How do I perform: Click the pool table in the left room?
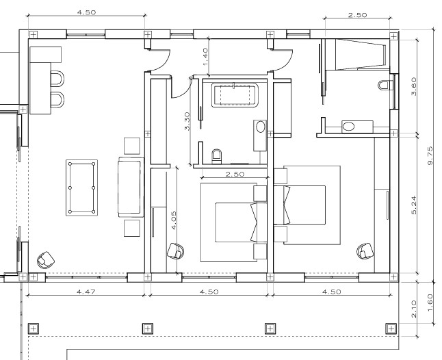(81, 188)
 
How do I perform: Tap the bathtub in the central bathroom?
(235, 95)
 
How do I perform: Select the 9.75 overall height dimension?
(430, 155)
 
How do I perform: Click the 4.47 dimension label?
(86, 291)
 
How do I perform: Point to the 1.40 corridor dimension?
(205, 57)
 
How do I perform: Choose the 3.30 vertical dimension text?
(187, 121)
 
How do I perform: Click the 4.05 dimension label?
(173, 220)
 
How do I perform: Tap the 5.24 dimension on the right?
(413, 205)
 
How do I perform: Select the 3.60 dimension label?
(413, 86)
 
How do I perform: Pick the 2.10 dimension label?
(413, 309)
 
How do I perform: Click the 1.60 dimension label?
(430, 303)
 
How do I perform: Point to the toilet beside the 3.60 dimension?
(385, 85)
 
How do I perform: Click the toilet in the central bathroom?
(217, 156)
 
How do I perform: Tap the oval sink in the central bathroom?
(261, 127)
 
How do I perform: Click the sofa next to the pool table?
(130, 188)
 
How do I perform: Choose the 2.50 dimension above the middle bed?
(235, 174)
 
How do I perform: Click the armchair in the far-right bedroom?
(365, 251)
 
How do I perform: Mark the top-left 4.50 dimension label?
(86, 12)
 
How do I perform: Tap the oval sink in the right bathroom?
(349, 127)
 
